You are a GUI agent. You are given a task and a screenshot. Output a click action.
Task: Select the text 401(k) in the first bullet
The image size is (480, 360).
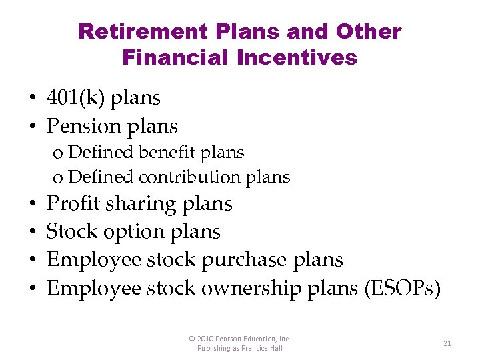point(75,98)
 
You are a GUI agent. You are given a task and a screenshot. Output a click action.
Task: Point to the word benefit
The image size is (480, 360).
point(167,152)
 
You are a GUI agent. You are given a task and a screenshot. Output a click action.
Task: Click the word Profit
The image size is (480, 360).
point(71,203)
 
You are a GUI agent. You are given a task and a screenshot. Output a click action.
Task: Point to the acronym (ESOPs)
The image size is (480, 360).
point(402,288)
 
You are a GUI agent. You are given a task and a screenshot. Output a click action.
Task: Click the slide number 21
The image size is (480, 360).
point(447,343)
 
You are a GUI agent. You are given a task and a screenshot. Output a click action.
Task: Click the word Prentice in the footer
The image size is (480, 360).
point(256,348)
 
